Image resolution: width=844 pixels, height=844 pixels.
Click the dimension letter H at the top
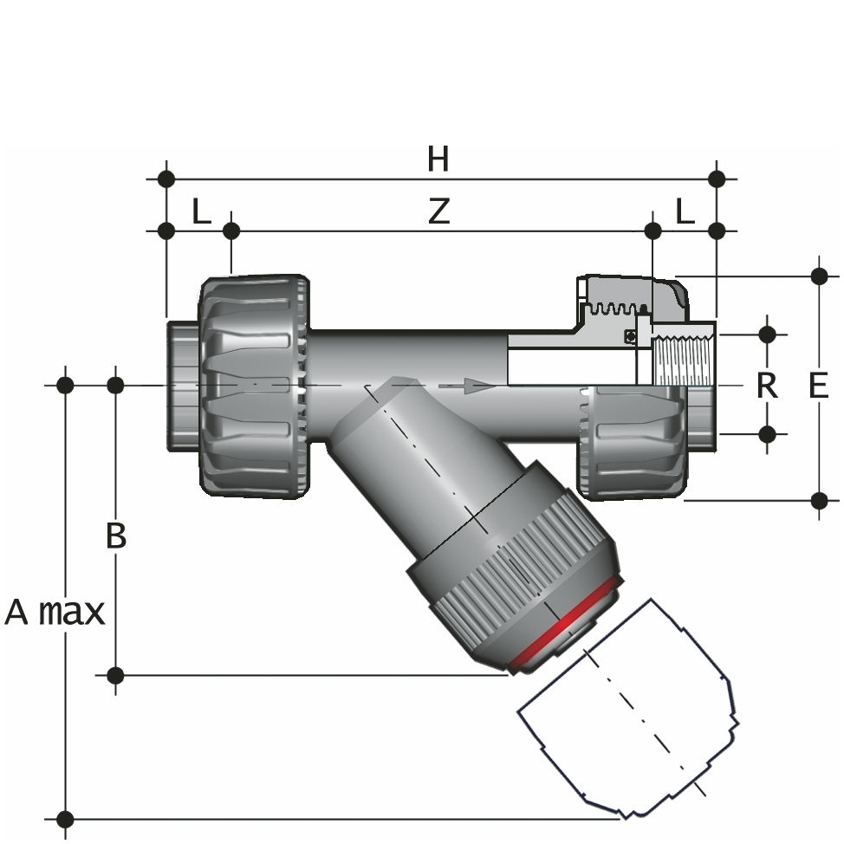pyautogui.click(x=438, y=159)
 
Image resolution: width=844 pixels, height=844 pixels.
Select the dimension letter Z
pyautogui.click(x=439, y=211)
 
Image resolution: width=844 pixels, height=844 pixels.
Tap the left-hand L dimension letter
pyautogui.click(x=201, y=211)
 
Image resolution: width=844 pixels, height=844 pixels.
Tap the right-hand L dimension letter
pyautogui.click(x=685, y=211)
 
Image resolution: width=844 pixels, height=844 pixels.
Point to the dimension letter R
pyautogui.click(x=767, y=385)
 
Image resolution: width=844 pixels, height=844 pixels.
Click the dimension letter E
pyautogui.click(x=818, y=385)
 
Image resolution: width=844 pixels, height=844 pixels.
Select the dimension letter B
pyautogui.click(x=116, y=536)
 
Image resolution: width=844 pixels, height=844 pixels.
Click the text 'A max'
pyautogui.click(x=55, y=613)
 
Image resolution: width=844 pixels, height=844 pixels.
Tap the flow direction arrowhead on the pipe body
pyautogui.click(x=472, y=385)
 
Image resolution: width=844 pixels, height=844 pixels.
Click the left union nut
pyautogui.click(x=253, y=386)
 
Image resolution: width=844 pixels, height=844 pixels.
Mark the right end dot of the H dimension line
pyautogui.click(x=717, y=179)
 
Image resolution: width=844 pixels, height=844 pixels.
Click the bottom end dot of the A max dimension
pyautogui.click(x=65, y=818)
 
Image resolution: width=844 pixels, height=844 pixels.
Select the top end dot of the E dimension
pyautogui.click(x=819, y=276)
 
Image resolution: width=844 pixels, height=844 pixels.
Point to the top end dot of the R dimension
pyautogui.click(x=767, y=333)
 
